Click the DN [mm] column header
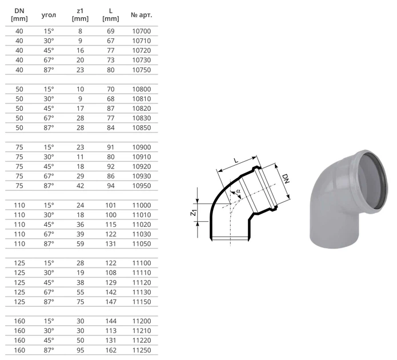point(19,15)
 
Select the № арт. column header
point(142,15)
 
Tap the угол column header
point(49,15)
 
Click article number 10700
point(142,31)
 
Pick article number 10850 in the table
point(142,127)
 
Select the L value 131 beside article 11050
point(111,244)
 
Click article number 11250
point(142,350)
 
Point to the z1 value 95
point(81,350)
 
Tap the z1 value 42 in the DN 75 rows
point(81,186)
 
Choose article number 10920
point(142,166)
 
